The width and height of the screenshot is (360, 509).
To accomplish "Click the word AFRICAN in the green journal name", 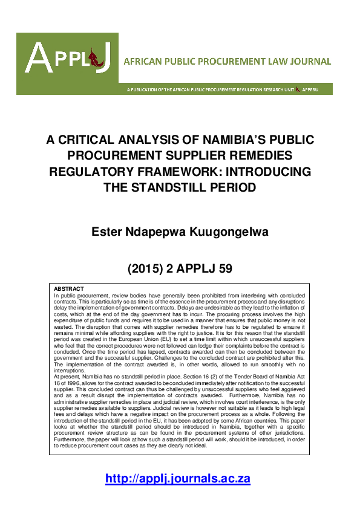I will pyautogui.click(x=142, y=62).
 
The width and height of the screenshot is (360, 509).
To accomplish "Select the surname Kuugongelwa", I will pyautogui.click(x=224, y=232).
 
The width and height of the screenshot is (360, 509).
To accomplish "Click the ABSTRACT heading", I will pyautogui.click(x=68, y=289).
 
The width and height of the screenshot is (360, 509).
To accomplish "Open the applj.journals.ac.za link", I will pyautogui.click(x=178, y=479).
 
